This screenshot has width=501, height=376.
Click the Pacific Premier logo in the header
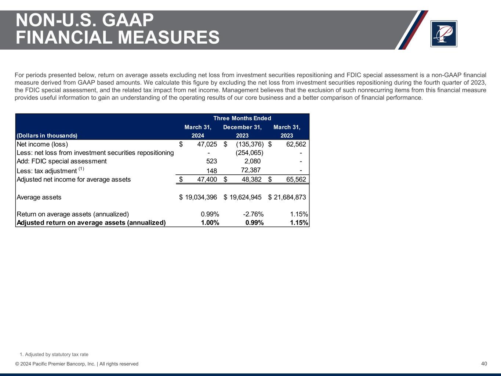point(444,34)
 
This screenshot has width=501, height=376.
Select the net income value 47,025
point(207,144)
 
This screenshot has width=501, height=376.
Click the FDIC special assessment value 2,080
point(253,161)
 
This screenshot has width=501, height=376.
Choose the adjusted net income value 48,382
point(251,180)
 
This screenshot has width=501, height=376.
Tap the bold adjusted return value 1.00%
point(210,223)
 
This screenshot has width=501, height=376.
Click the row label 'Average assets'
point(39,197)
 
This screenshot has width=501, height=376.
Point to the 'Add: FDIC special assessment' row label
point(62,161)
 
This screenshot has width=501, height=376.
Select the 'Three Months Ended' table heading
point(242,118)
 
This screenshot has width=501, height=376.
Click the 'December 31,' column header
point(242,127)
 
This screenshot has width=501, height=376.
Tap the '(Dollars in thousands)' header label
point(47,135)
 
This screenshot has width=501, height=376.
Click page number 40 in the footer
point(484,364)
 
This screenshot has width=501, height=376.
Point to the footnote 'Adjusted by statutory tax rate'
point(57,354)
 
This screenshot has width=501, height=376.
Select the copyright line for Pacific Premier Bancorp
point(77,364)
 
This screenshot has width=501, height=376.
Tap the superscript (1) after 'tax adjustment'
point(81,169)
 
